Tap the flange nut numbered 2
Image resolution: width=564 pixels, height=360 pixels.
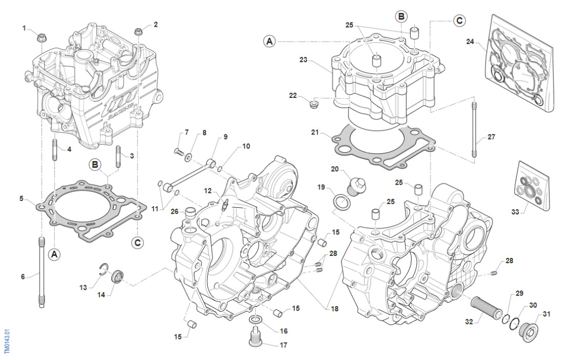click(138, 32)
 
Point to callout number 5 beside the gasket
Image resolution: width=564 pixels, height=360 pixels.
click(22, 198)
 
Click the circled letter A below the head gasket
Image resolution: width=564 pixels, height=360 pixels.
click(55, 253)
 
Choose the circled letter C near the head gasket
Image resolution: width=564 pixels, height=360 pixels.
click(136, 242)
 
